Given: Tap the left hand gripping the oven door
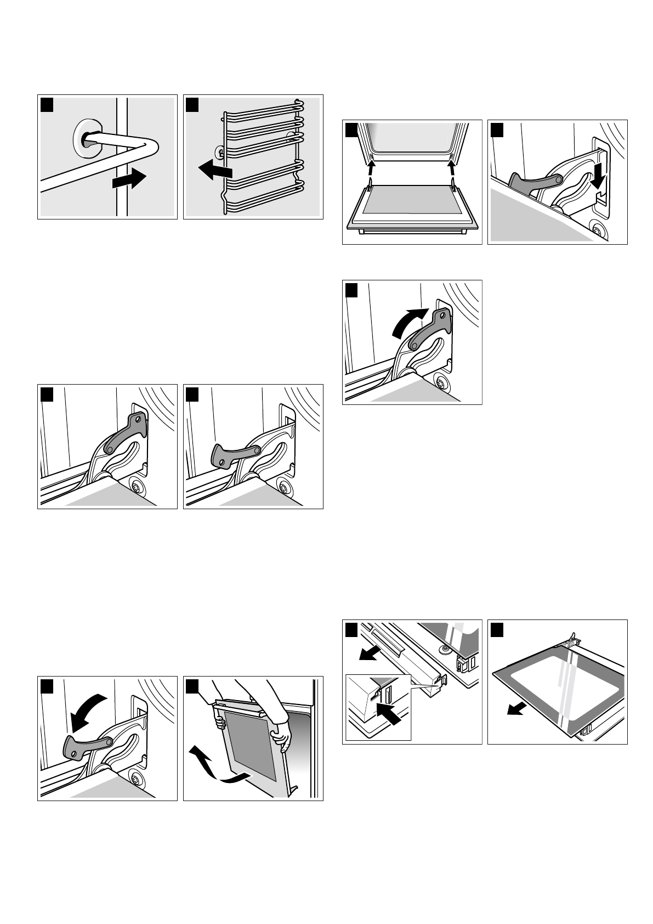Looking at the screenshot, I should tap(220, 723).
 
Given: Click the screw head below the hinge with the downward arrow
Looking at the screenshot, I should tap(596, 230).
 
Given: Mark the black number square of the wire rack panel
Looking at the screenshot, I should tap(192, 104).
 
